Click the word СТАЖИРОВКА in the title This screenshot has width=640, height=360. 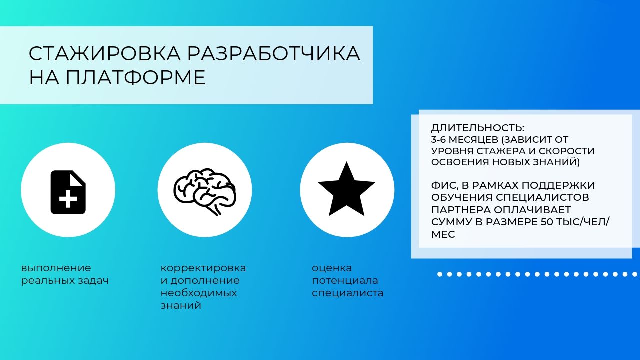tap(105, 53)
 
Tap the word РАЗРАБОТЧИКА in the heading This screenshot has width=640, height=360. tap(274, 53)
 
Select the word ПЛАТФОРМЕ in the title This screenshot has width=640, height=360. tap(135, 77)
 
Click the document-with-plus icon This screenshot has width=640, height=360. tap(68, 192)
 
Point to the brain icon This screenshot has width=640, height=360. tap(205, 191)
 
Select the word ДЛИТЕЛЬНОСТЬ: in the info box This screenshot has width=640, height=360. tap(477, 128)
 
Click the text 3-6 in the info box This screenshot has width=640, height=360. tap(439, 140)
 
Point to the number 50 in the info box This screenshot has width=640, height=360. tap(547, 222)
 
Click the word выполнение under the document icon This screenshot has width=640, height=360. tap(56, 268)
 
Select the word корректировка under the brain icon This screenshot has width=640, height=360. tap(203, 268)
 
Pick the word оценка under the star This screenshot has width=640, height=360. tap(332, 268)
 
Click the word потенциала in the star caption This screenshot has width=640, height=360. tap(345, 281)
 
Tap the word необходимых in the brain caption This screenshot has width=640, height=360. tap(199, 293)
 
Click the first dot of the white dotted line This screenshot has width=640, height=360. tap(440, 274)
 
